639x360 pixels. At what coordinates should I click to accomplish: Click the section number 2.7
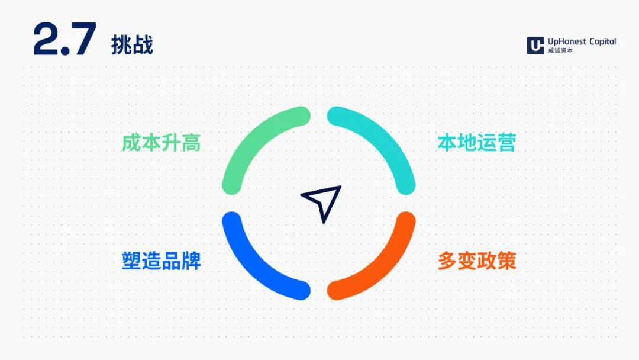coord(65,38)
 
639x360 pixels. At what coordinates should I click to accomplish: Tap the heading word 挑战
coord(132,44)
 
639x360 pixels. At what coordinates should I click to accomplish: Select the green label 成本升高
coord(162,143)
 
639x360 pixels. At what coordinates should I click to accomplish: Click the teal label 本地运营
coord(477,143)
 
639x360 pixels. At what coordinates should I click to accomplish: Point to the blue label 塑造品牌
coord(162,261)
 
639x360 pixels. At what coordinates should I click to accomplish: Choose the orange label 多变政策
coord(477,261)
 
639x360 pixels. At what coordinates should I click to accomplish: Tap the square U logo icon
coord(535,45)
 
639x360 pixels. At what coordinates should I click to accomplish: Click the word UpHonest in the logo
coord(567,41)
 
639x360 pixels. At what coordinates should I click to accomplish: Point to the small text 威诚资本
coord(560,50)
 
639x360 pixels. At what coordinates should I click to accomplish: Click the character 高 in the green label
coord(191,143)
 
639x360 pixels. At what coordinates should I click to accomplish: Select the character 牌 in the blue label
coord(192,261)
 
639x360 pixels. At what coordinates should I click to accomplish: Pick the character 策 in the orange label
coord(506,261)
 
